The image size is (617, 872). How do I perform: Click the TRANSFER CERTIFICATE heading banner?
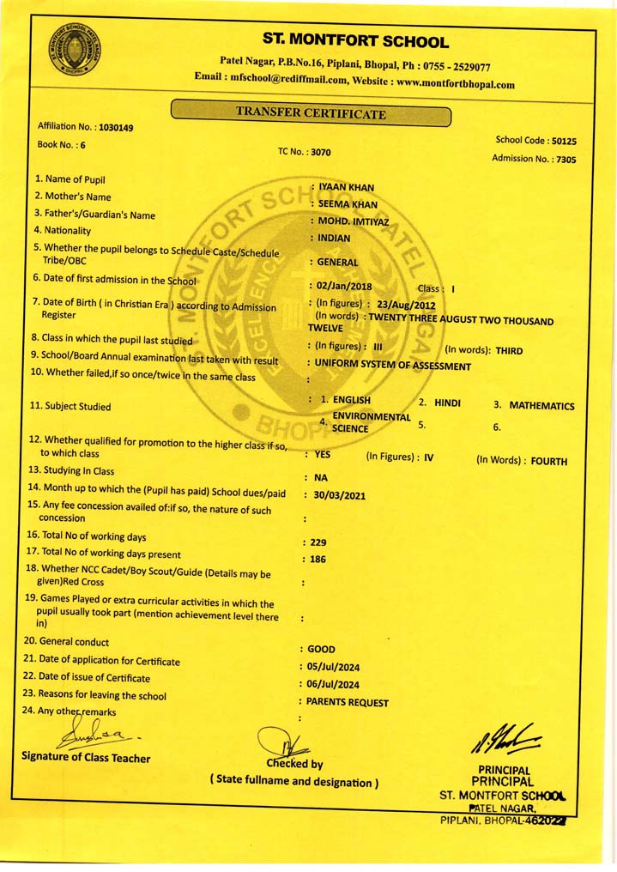311,112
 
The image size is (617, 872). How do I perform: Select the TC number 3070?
320,152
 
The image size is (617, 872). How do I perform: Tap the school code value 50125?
564,141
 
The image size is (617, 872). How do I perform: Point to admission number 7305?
566,159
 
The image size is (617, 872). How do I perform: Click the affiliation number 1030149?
116,127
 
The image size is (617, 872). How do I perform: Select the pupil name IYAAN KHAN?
346,187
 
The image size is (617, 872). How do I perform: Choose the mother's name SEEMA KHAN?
348,204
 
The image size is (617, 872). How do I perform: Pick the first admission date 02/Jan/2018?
340,285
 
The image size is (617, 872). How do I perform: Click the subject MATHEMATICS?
541,405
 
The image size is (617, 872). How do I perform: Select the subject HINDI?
447,402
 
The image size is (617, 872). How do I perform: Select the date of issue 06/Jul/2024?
334,684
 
